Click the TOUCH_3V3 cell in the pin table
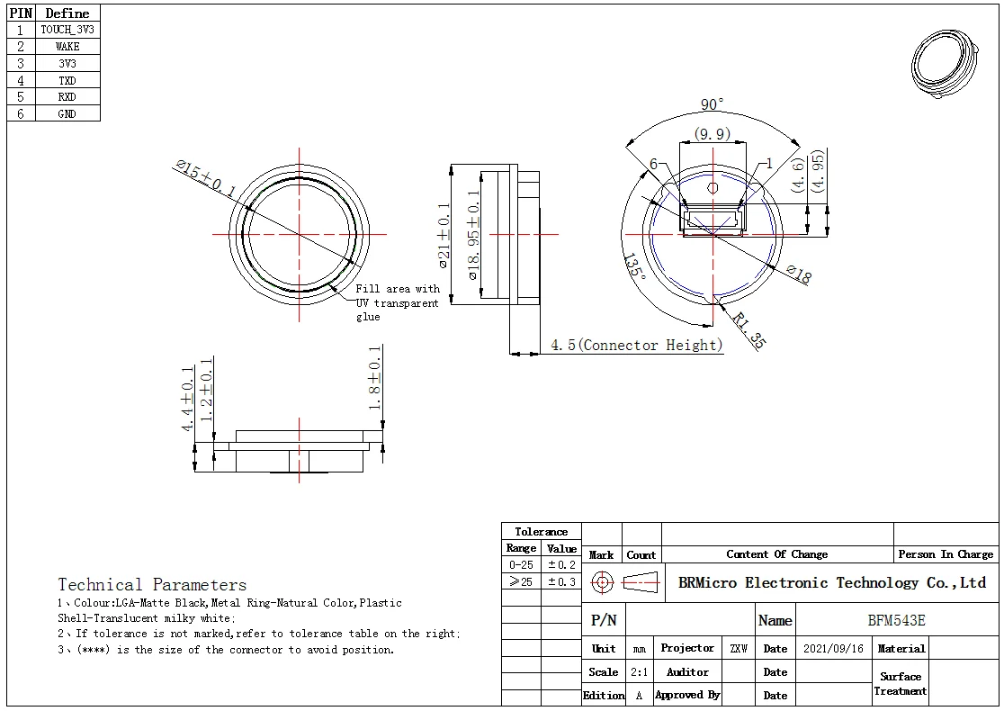click(x=67, y=30)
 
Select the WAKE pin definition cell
click(x=67, y=47)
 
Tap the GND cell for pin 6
click(x=67, y=114)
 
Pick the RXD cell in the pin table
click(x=67, y=97)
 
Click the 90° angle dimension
click(x=713, y=105)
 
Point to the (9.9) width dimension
click(x=712, y=135)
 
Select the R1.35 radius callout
click(x=749, y=330)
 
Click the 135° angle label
click(x=633, y=266)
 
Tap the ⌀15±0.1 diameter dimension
click(x=205, y=178)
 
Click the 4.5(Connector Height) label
click(x=637, y=346)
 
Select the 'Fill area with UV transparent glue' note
click(x=397, y=302)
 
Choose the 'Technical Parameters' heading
click(x=152, y=585)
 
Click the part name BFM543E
click(x=896, y=620)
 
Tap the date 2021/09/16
click(x=832, y=648)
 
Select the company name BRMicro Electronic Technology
click(x=831, y=583)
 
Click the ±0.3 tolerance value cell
click(x=562, y=582)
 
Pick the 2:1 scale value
click(x=639, y=672)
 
